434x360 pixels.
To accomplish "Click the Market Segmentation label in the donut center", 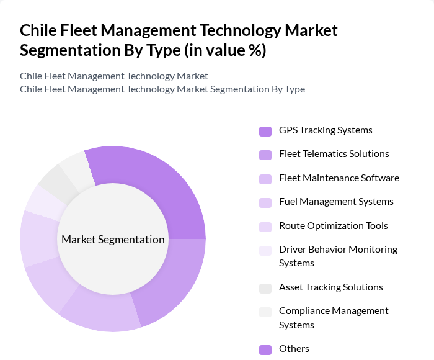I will click(113, 240).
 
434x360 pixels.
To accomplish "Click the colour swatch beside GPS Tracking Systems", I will click(265, 131).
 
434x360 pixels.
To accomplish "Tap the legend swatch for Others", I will click(265, 349).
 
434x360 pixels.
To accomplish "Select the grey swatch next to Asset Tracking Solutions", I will click(265, 288).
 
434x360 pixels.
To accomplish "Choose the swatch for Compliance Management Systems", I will click(265, 312).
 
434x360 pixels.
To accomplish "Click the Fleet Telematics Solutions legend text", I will click(334, 154).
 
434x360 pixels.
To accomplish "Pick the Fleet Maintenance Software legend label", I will click(339, 178).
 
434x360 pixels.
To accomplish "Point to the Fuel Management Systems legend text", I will click(336, 202).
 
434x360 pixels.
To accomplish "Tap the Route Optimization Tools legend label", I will click(333, 226).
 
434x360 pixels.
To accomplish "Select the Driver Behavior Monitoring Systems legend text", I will click(338, 256).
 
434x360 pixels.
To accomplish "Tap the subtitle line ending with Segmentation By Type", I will click(162, 89).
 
